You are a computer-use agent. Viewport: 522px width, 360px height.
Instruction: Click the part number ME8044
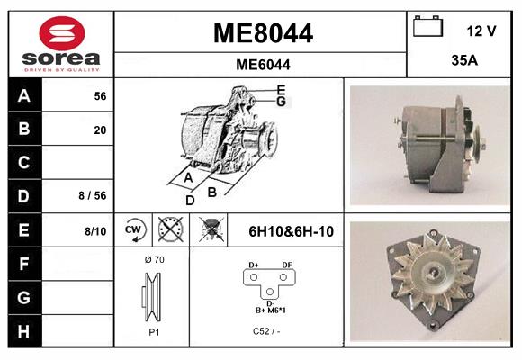pos(263,33)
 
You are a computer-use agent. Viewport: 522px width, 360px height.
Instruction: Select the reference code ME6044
pos(263,65)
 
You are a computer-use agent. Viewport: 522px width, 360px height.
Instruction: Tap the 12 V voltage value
pos(481,31)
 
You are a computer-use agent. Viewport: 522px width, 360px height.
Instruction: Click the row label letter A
pos(23,96)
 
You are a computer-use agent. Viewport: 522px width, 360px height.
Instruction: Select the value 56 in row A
pos(100,96)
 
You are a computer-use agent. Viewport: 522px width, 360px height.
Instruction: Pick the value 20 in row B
pos(100,130)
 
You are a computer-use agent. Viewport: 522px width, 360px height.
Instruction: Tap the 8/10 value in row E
pos(95,231)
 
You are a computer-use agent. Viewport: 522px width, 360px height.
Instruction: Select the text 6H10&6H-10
pos(291,231)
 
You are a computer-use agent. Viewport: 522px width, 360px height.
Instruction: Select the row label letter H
pos(23,330)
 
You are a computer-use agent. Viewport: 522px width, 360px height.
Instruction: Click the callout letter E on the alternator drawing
pos(282,89)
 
